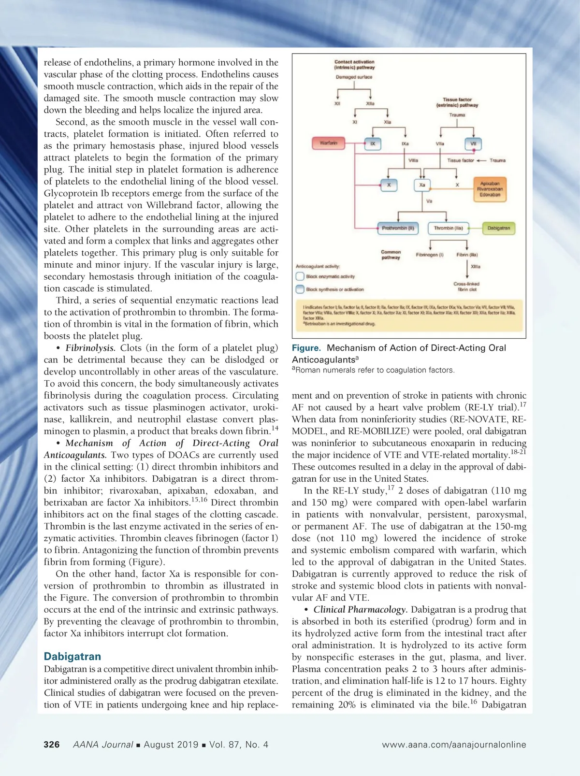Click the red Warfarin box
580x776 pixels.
tap(328, 143)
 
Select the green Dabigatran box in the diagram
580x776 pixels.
tap(498, 228)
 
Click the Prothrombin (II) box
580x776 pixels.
tap(398, 228)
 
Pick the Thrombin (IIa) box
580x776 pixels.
tap(448, 228)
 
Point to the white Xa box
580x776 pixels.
tap(422, 185)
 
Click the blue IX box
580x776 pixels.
tap(372, 144)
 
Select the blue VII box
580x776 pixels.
tap(473, 144)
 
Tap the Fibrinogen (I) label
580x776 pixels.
tap(429, 255)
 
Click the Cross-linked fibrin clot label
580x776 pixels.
tap(466, 287)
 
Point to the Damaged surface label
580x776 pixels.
tap(354, 77)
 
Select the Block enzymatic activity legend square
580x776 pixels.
tap(300, 277)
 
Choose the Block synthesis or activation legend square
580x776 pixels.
tap(300, 289)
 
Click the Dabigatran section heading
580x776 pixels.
tap(72, 656)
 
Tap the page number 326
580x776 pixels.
tap(52, 745)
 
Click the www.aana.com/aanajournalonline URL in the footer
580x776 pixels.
tap(454, 745)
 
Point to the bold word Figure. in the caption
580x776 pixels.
tap(306, 348)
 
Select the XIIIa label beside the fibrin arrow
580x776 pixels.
tap(475, 266)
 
